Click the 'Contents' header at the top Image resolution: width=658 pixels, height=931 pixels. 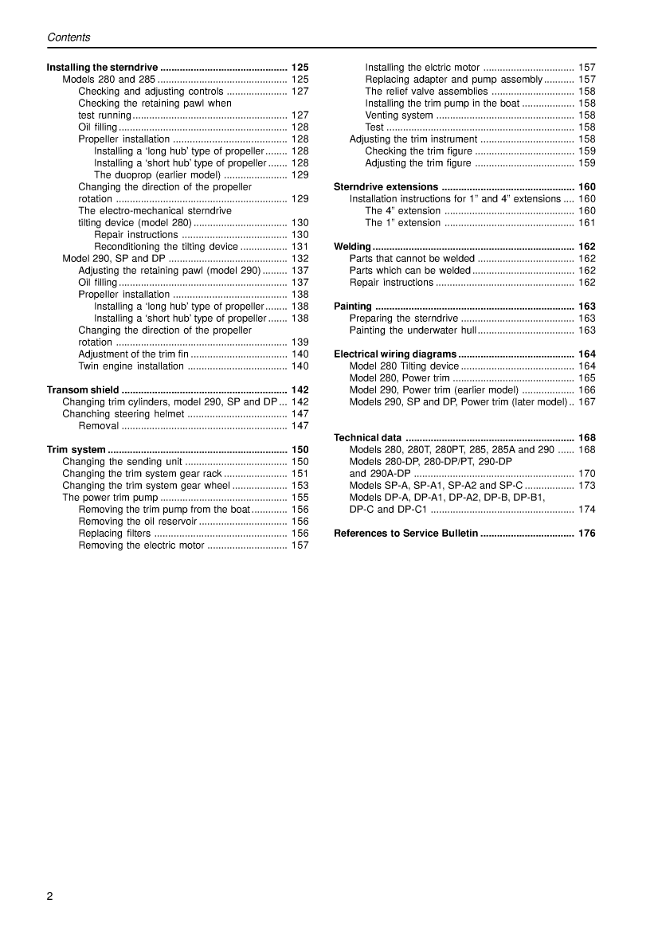click(x=69, y=37)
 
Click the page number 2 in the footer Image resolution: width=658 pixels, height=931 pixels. click(x=50, y=896)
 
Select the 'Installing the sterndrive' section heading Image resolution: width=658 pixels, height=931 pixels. click(x=103, y=68)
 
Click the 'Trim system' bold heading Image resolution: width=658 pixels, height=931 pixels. click(x=76, y=450)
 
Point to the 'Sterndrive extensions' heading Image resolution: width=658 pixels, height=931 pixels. click(x=386, y=187)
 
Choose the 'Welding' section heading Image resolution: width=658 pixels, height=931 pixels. click(x=352, y=247)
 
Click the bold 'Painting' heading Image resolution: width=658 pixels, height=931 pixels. click(x=353, y=307)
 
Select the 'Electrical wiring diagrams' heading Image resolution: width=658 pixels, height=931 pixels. click(x=395, y=354)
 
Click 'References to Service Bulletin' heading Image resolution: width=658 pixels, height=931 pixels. click(x=405, y=534)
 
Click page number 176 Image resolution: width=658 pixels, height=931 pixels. click(x=586, y=534)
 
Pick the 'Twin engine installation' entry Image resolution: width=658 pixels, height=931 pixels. click(x=131, y=366)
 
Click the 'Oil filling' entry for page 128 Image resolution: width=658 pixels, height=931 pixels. click(x=97, y=127)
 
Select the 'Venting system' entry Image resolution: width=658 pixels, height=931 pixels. click(x=399, y=115)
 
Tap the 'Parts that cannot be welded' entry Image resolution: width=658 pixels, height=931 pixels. click(x=412, y=259)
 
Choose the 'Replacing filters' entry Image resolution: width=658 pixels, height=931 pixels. click(x=114, y=534)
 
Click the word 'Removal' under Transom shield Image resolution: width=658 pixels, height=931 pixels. click(x=99, y=426)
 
